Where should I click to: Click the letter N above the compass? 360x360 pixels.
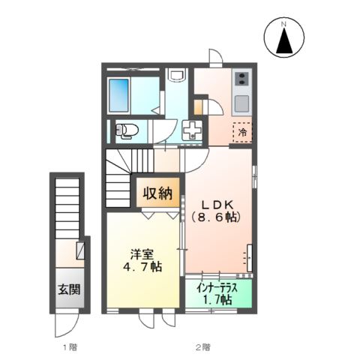(284, 24)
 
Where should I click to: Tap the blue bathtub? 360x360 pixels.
(121, 94)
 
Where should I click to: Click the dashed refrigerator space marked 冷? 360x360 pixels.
(242, 131)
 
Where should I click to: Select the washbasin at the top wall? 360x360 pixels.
(177, 76)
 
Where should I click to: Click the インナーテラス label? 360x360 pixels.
(217, 287)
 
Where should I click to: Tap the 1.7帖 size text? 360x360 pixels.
(217, 299)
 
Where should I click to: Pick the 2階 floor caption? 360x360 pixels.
(202, 346)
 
